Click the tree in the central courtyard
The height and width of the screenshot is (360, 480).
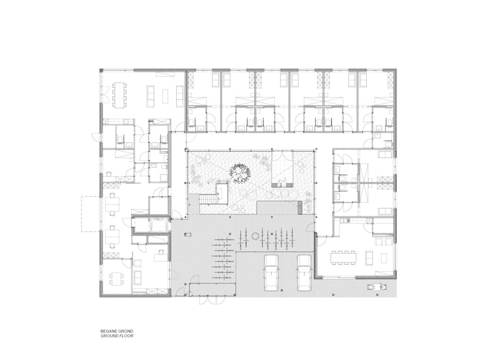239,173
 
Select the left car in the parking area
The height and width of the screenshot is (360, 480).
272,273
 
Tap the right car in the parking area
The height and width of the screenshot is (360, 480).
304,273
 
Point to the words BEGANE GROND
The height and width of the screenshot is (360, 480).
116,331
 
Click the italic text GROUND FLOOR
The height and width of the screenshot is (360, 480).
116,336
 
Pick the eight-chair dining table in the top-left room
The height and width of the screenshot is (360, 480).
119,95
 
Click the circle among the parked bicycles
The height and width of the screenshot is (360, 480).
255,236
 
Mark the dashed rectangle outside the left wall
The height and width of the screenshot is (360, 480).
91,214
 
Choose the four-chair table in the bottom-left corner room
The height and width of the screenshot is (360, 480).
117,278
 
